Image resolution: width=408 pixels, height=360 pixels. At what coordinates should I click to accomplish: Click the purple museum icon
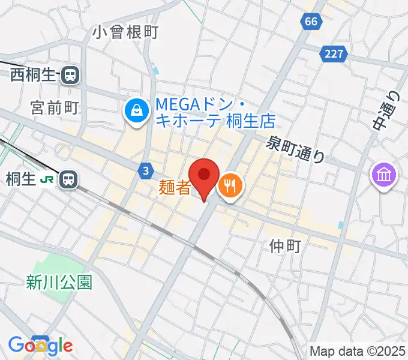tap(383, 176)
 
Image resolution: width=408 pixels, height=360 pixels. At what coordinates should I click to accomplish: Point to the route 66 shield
tap(310, 22)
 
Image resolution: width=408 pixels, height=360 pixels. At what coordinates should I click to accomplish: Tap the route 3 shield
tap(146, 172)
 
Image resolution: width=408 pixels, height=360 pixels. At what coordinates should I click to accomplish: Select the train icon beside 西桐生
tap(71, 75)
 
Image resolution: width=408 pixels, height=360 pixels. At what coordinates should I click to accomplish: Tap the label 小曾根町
tap(126, 32)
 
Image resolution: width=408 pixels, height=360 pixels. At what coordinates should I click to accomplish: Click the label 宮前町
tap(55, 107)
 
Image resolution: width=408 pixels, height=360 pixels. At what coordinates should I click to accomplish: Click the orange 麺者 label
tap(175, 188)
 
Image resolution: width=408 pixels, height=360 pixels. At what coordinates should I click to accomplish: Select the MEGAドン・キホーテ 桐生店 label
tap(215, 112)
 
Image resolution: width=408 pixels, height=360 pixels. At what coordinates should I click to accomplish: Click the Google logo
tap(40, 346)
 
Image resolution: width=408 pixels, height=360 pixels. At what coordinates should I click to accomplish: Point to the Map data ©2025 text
tap(358, 351)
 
